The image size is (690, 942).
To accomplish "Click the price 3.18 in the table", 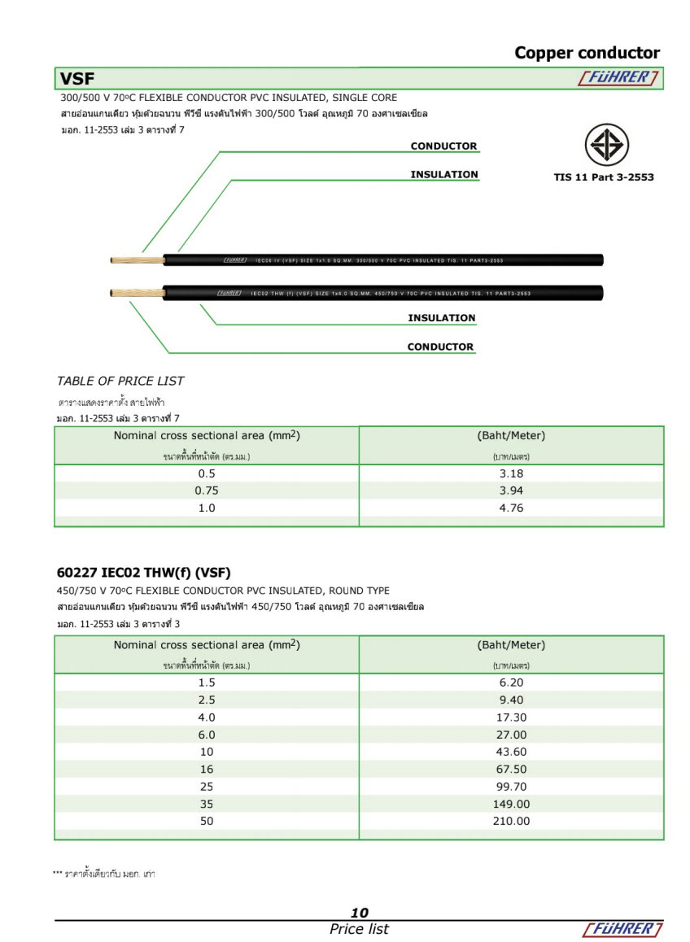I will tap(511, 473).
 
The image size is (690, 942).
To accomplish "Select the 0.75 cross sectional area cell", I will tap(207, 491).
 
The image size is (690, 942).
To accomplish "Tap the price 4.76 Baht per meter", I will tap(511, 508).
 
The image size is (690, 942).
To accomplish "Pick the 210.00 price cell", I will tap(511, 821).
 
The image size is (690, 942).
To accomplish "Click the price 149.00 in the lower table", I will tap(511, 804).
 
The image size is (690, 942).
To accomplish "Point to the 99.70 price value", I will tap(511, 787).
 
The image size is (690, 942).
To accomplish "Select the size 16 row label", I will tap(207, 769).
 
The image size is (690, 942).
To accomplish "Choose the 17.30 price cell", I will tap(511, 717).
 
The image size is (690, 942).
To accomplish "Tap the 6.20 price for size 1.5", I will tap(511, 683).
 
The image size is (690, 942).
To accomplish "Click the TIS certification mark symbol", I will tap(606, 146).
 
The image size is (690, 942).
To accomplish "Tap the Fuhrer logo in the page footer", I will tap(622, 929).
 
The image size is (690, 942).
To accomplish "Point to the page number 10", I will tap(359, 913).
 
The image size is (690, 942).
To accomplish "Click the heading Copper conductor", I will tap(587, 53).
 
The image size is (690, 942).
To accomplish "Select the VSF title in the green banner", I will tap(77, 79).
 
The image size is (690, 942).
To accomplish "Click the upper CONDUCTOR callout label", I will tap(443, 146).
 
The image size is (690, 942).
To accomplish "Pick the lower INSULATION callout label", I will tap(441, 318).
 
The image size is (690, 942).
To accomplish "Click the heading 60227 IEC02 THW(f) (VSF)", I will tap(144, 573).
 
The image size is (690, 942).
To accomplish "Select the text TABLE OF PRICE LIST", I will tap(120, 381).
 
